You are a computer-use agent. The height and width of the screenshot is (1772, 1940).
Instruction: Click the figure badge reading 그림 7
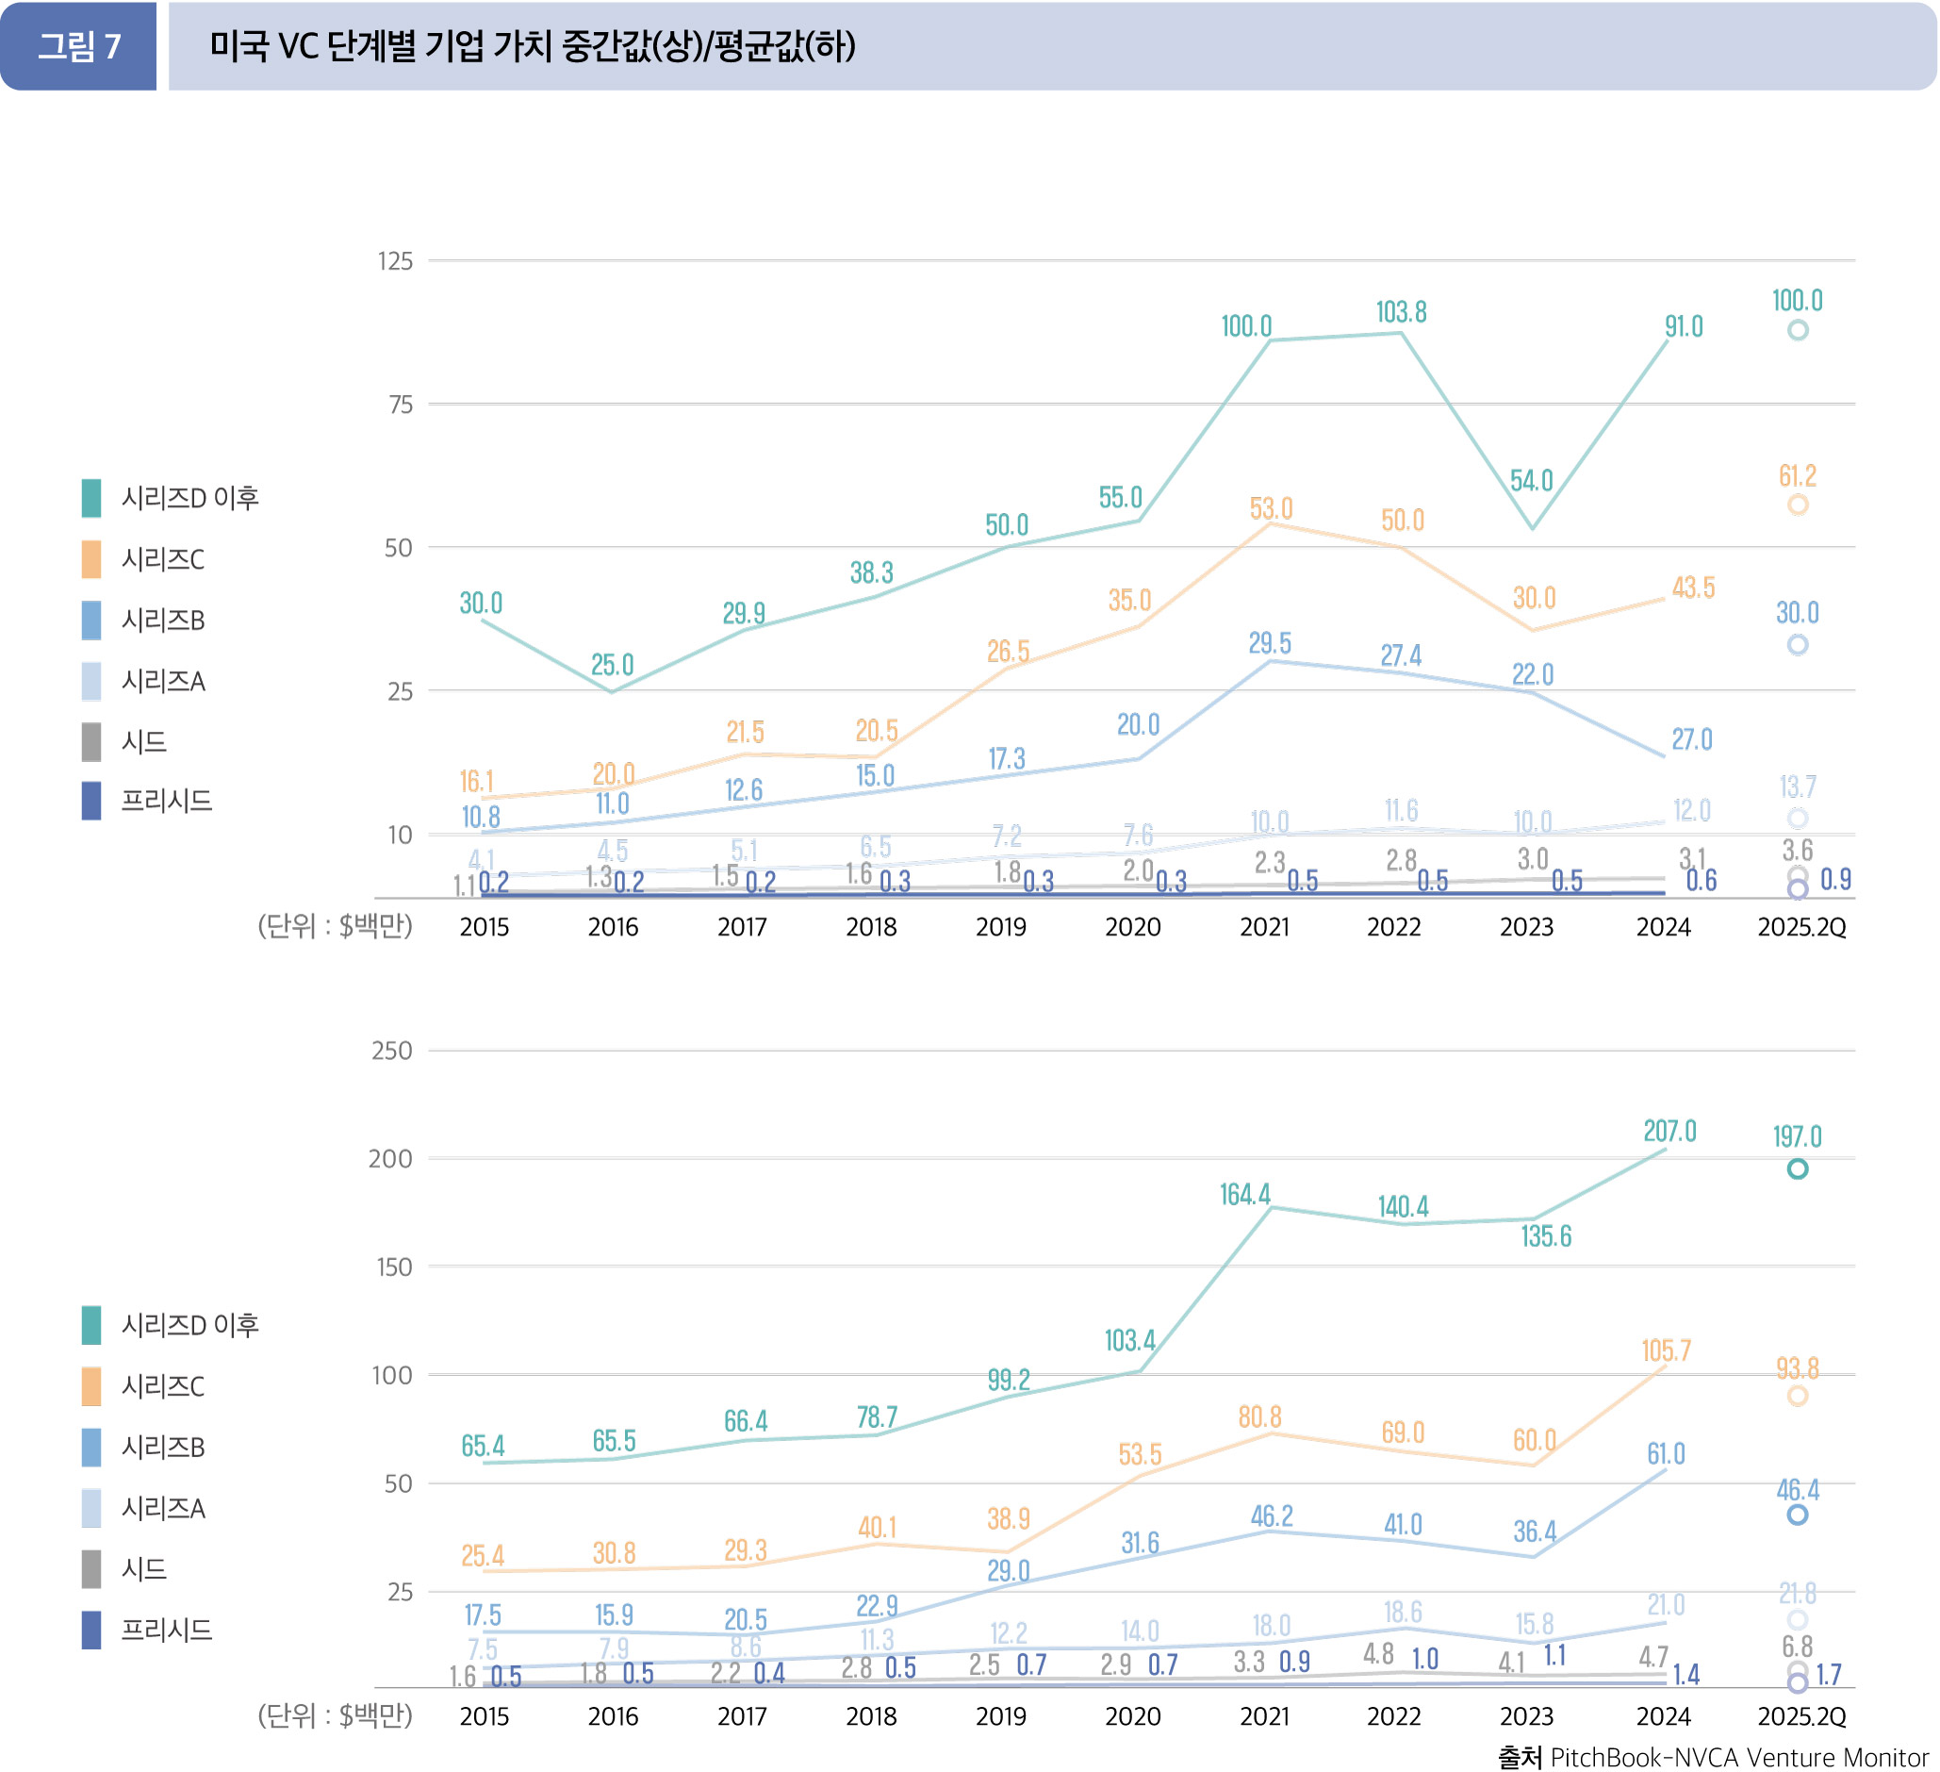[79, 46]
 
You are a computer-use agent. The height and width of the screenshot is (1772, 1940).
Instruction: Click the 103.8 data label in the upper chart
[1401, 312]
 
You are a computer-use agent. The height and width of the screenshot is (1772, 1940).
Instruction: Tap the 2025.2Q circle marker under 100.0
[1798, 330]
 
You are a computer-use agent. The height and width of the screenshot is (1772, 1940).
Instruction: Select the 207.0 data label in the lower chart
[1669, 1131]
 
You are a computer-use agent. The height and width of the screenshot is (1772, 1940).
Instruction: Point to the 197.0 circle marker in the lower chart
[1798, 1169]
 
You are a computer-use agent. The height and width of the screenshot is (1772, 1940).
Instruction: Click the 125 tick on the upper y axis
[395, 261]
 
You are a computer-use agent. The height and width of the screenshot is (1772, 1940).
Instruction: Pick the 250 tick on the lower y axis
[391, 1052]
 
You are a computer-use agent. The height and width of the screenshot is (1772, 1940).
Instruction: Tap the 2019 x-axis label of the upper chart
[1001, 928]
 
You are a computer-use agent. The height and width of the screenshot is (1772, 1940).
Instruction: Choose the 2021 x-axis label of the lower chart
[1264, 1717]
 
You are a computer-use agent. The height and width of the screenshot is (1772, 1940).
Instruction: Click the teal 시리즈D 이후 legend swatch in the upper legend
[91, 499]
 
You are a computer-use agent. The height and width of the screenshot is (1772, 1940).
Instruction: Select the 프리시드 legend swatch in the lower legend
[91, 1631]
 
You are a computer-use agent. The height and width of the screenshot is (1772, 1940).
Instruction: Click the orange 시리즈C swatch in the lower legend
[91, 1387]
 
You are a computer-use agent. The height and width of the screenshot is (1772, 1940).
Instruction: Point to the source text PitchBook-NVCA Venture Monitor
[1739, 1758]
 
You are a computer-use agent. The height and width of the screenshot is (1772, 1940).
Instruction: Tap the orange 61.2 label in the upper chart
[1798, 475]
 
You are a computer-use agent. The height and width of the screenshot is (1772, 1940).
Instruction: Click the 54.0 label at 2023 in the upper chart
[1531, 480]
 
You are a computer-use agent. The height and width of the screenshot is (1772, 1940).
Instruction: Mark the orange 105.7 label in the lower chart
[1666, 1350]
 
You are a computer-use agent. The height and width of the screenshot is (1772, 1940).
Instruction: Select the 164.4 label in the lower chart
[1245, 1195]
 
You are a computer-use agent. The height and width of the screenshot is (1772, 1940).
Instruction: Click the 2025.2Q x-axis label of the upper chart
[1801, 928]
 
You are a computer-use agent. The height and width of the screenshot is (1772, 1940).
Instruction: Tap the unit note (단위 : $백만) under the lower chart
[335, 1716]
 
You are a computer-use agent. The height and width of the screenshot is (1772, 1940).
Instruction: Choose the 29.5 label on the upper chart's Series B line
[1271, 643]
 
